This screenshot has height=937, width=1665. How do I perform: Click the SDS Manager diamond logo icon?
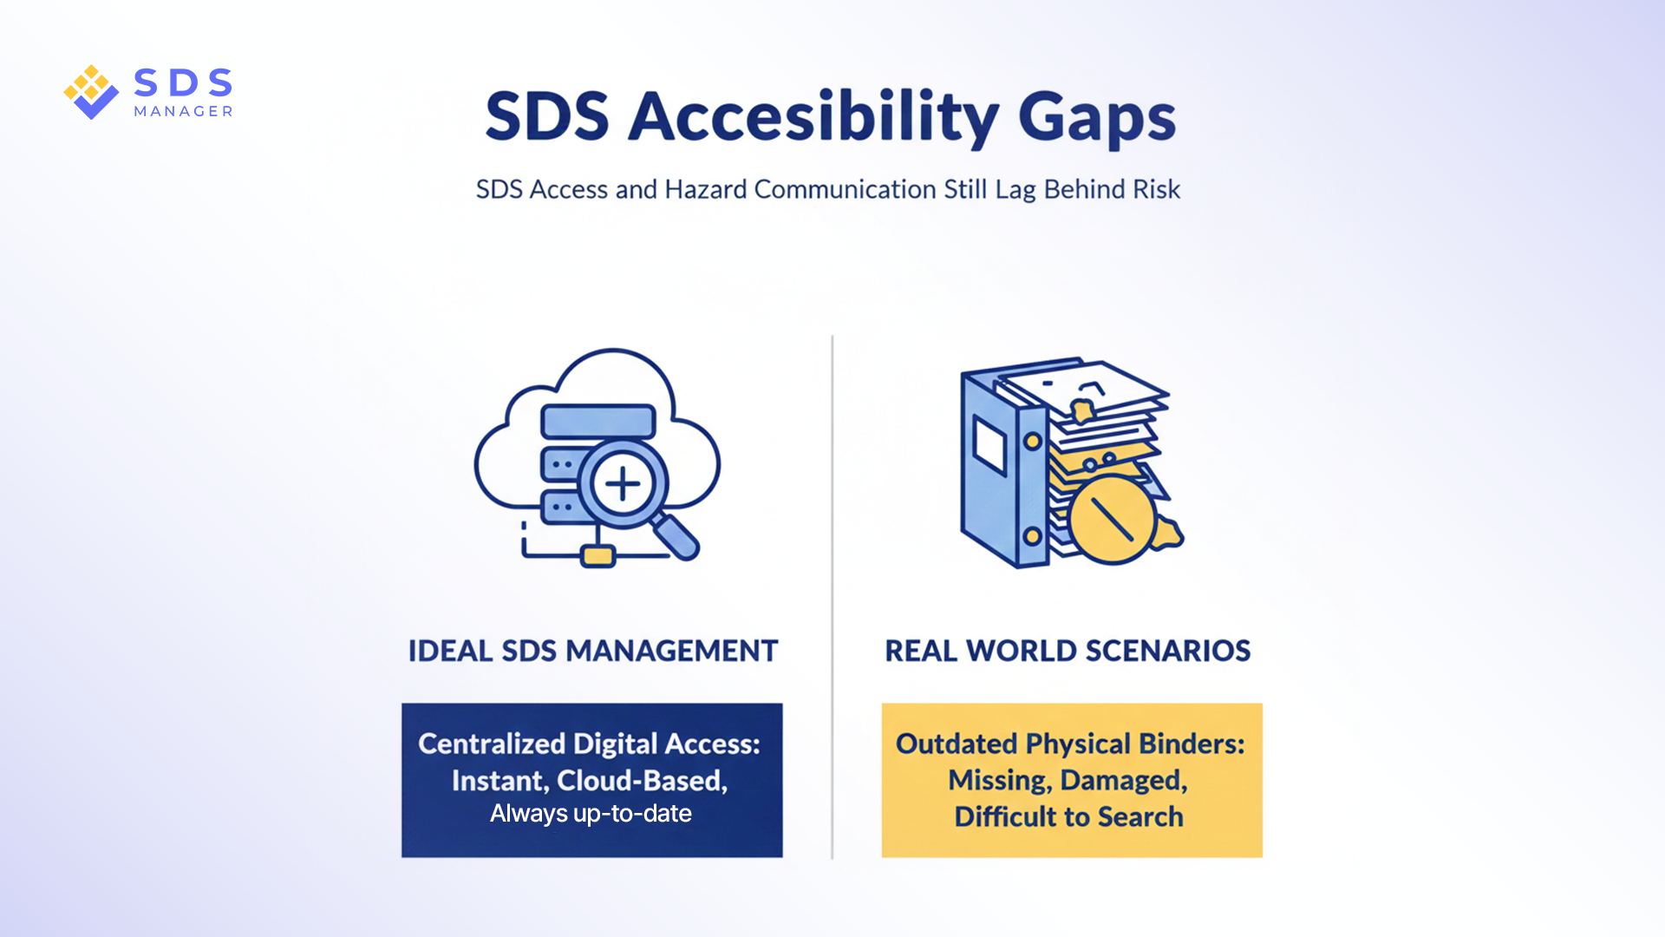point(91,92)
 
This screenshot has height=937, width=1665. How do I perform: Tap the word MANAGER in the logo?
point(183,111)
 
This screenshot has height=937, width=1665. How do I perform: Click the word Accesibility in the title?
point(813,117)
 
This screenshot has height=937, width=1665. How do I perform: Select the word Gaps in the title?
point(1096,119)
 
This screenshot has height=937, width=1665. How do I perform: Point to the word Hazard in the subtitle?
point(705,189)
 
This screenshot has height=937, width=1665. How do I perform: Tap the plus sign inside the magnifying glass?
point(623,484)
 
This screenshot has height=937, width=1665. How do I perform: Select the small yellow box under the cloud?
point(597,555)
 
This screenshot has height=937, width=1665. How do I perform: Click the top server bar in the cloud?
point(598,422)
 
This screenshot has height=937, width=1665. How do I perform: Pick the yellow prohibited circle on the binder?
point(1113,520)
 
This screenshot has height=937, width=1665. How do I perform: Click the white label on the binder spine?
point(989,446)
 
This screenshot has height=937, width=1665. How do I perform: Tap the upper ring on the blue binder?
point(1032,441)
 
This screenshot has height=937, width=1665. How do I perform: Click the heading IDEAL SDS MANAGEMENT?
point(593,651)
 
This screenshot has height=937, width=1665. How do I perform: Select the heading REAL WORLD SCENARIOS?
point(1068,651)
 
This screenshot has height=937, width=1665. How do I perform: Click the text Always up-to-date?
point(591,814)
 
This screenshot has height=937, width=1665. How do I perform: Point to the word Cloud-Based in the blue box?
point(642,781)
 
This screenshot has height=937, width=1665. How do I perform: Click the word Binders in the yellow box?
point(1192,744)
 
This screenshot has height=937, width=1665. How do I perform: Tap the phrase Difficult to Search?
point(1068,817)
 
